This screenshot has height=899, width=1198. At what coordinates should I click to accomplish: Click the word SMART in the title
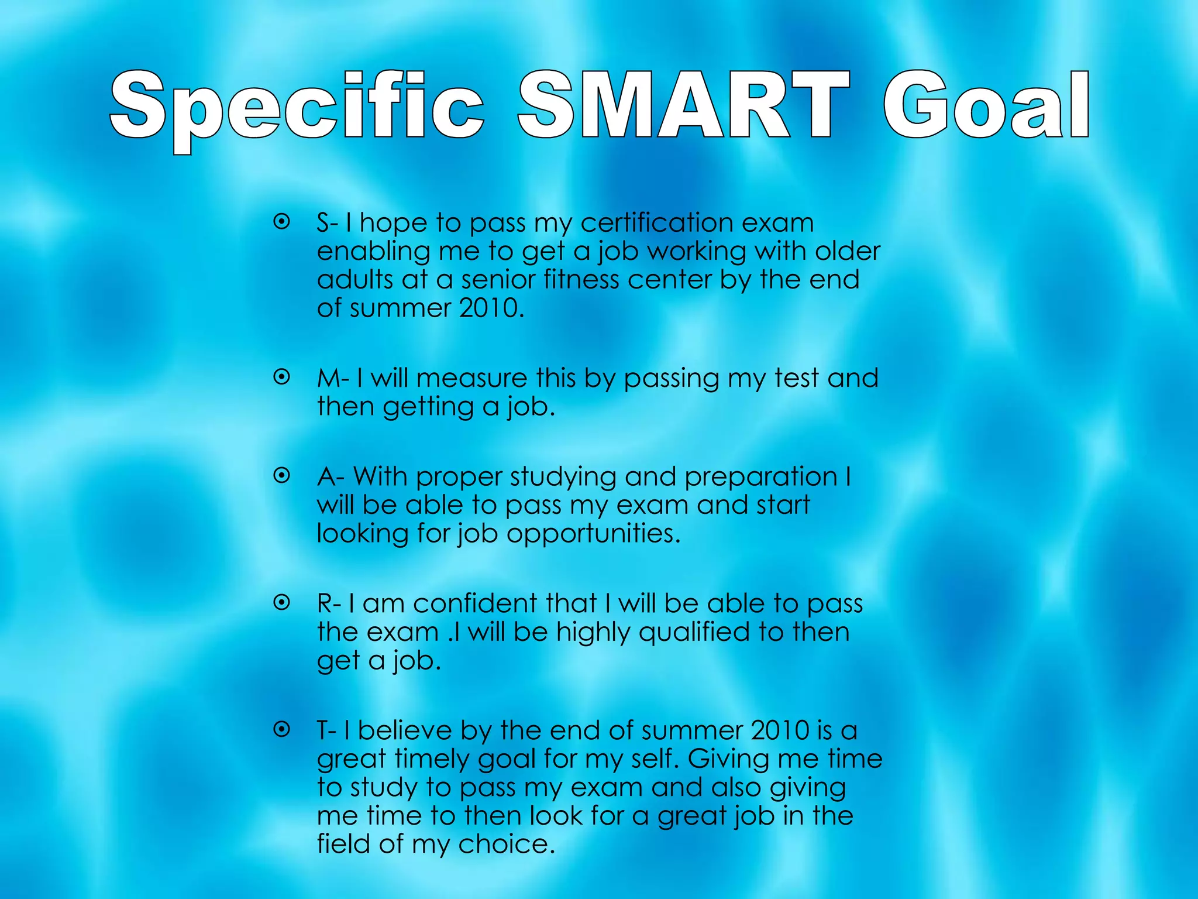coord(683,105)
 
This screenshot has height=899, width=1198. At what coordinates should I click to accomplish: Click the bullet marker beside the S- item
coord(282,222)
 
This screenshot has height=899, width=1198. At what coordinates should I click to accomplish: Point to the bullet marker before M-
coord(282,378)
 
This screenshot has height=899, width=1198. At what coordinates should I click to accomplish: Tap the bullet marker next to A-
coord(282,476)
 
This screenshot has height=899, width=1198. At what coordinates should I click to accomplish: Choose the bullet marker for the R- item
coord(282,602)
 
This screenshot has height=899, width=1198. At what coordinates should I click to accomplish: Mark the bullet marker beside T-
coord(282,729)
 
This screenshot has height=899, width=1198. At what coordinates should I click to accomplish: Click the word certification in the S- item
coord(656,223)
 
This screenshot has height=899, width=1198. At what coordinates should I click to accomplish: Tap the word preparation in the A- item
coord(761,477)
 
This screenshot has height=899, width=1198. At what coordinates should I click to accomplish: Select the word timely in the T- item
coord(432,760)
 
